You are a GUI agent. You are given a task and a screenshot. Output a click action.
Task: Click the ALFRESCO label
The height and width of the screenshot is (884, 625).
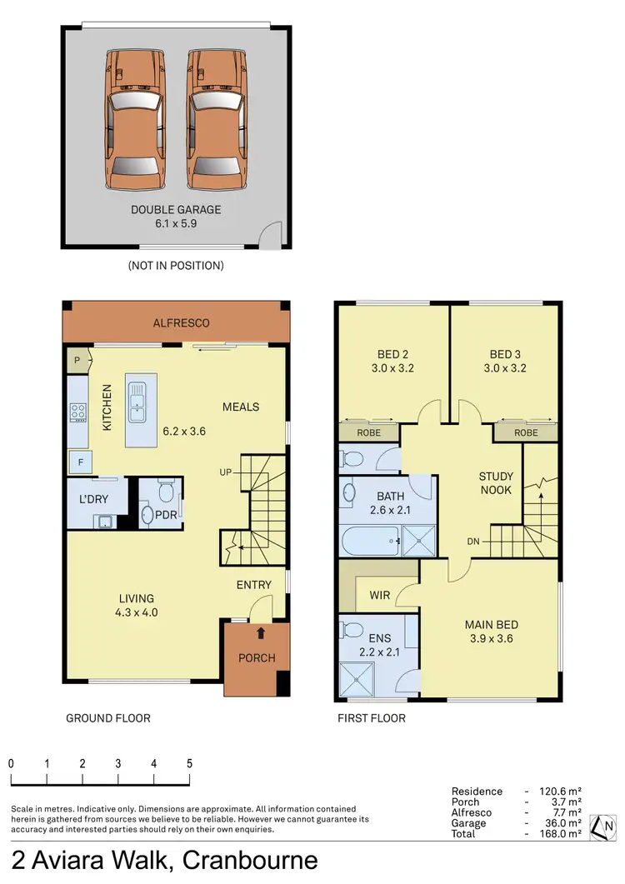point(181,323)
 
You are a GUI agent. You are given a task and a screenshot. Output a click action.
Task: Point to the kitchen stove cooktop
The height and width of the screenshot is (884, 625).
point(79,411)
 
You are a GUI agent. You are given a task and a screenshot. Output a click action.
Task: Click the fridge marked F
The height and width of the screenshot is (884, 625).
point(80,462)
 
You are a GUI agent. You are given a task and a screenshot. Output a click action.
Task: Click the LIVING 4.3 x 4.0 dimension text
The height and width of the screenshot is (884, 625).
point(137,612)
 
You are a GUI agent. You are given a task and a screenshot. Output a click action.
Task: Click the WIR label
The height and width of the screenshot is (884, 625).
point(380,597)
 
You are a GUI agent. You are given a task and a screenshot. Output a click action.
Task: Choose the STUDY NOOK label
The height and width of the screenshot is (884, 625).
point(496,483)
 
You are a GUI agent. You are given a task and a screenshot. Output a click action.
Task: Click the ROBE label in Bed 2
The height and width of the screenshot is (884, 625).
point(369,433)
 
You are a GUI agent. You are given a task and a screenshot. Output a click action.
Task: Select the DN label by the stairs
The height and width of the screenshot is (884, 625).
point(474,542)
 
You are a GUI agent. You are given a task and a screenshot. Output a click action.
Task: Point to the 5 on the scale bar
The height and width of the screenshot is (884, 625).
point(189,763)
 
